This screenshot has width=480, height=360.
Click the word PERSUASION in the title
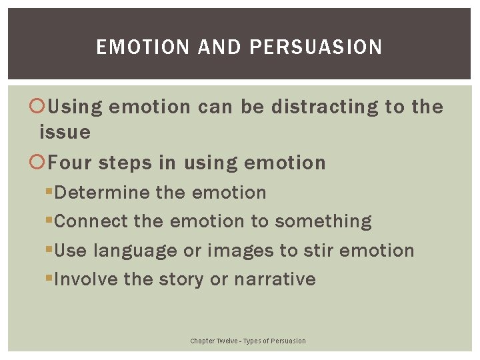click(x=316, y=47)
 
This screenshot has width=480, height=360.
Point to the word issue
click(x=65, y=132)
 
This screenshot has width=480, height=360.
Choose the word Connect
click(x=91, y=221)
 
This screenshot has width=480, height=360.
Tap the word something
click(x=323, y=221)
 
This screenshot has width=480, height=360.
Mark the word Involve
click(x=87, y=279)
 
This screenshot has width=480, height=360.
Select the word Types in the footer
click(x=253, y=341)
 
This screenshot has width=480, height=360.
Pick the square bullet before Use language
click(x=49, y=251)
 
